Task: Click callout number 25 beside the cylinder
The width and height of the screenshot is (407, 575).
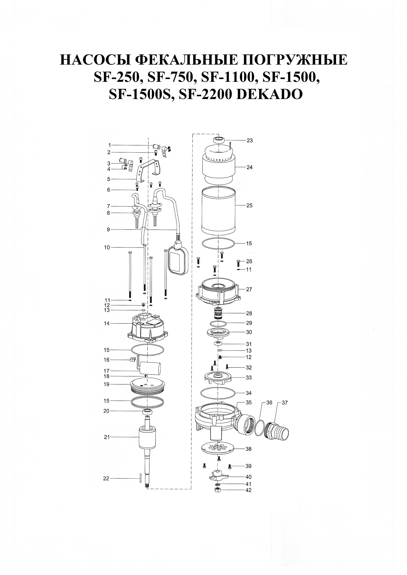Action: [x=249, y=206]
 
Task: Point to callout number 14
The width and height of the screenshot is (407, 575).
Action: [x=107, y=323]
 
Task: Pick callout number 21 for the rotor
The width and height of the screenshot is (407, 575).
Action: [x=107, y=437]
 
